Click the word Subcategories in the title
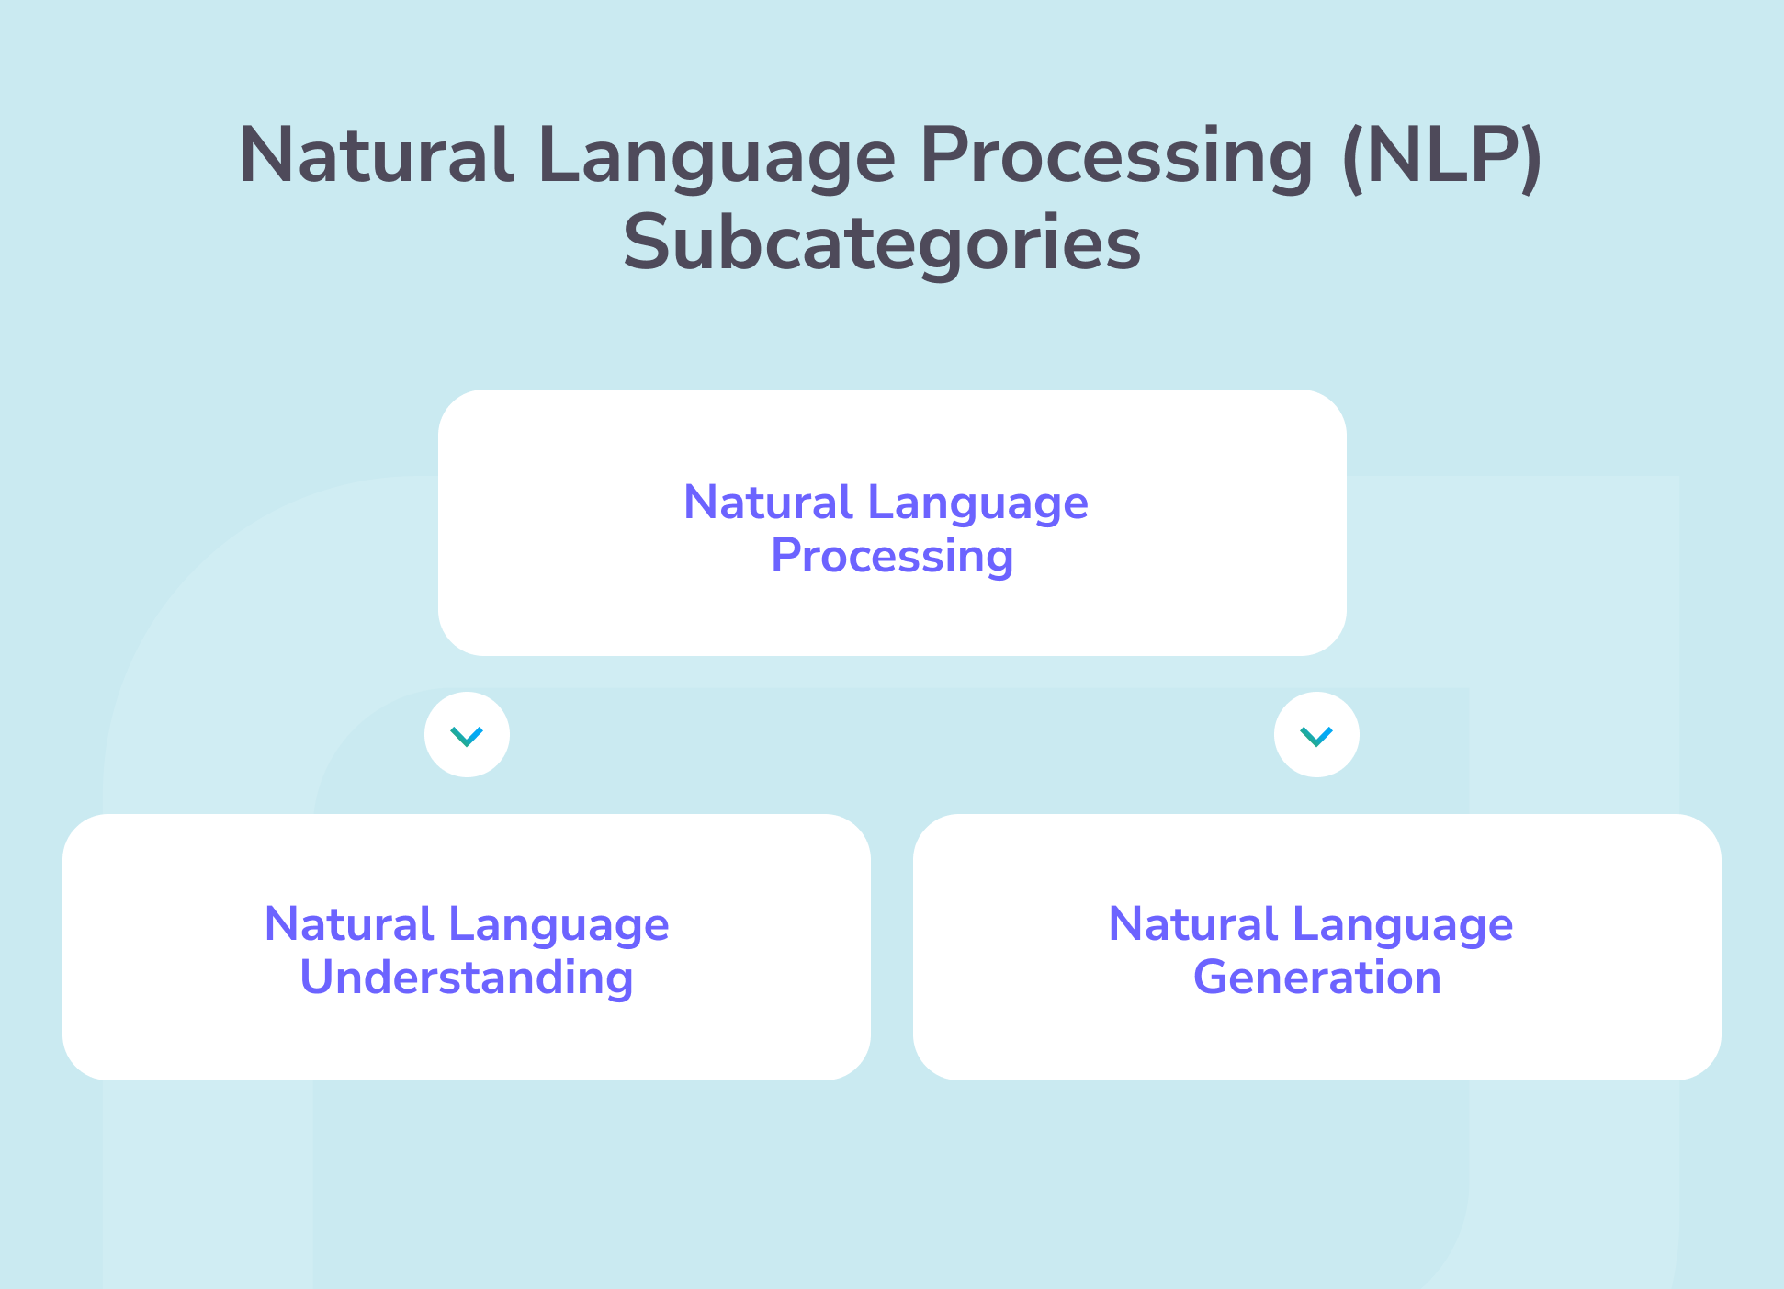coord(882,243)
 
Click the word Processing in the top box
coord(892,556)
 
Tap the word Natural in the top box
coord(768,503)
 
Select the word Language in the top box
coord(977,504)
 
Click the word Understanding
coord(467,978)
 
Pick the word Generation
coord(1316,977)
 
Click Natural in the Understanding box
coord(348,923)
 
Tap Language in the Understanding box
coord(559,925)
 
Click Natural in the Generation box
coord(1192,923)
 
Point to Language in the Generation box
coord(1403,925)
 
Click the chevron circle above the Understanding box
coord(467,735)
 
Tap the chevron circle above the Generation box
coord(1316,735)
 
